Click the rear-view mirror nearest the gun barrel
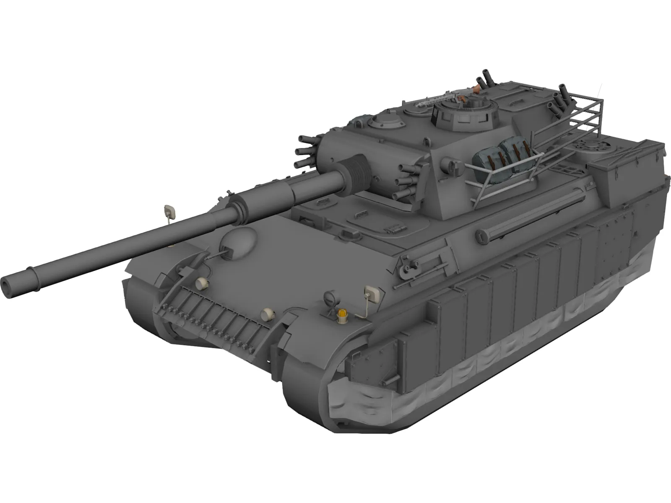tap(169, 210)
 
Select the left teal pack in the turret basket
tap(488, 159)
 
